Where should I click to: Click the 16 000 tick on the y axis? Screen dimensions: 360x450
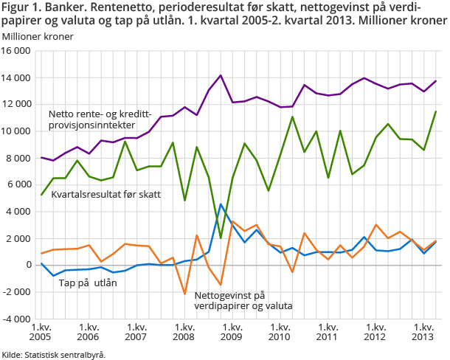click(x=16, y=51)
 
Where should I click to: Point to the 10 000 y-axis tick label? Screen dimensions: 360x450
click(x=16, y=131)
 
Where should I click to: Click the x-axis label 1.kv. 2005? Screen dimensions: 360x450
click(x=41, y=331)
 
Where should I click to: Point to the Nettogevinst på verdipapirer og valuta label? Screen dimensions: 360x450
click(x=243, y=300)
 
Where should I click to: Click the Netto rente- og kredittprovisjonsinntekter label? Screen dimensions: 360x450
click(x=103, y=120)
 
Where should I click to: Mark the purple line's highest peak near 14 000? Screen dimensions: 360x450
click(x=221, y=75)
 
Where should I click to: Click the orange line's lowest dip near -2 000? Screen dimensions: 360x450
click(x=184, y=294)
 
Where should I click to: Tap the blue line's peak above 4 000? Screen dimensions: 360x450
click(x=221, y=204)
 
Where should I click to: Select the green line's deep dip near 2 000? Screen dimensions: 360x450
click(x=221, y=238)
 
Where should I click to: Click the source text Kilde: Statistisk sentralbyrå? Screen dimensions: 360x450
click(x=53, y=354)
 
